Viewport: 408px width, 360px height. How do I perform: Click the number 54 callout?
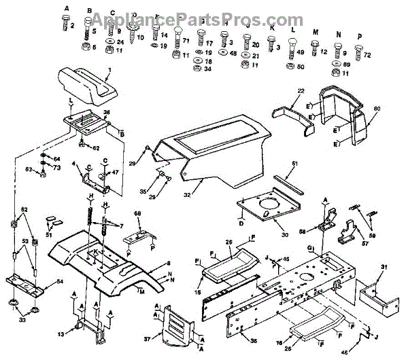(x=60, y=281)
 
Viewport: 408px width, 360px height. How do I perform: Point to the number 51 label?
(x=48, y=236)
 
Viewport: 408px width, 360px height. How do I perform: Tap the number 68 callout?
(x=137, y=215)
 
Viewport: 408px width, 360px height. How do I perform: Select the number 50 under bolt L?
(x=301, y=67)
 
